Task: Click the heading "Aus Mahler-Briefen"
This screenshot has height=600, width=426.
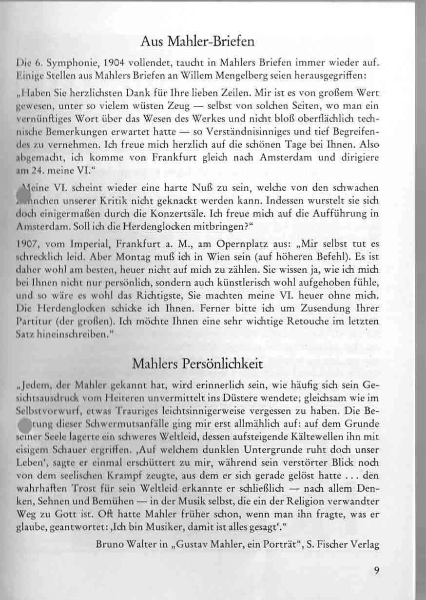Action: point(197,41)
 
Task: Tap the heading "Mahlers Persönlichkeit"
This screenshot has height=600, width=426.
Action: point(197,364)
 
